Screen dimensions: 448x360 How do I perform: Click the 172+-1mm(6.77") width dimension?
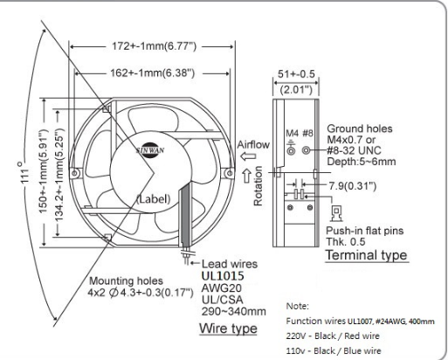coord(155,46)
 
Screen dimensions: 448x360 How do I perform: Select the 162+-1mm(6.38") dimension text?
coord(152,73)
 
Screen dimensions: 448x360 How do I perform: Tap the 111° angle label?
coord(24,172)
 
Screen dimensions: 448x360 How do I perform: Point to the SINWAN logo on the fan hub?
coord(150,150)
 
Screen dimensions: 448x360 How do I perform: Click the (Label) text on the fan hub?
coord(154,199)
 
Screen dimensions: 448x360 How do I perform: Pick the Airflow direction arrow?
coord(248,156)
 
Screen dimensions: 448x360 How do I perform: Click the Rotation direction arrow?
coord(247,176)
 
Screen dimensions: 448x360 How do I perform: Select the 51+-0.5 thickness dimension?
coord(296,74)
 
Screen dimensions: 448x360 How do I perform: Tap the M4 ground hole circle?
coord(291,150)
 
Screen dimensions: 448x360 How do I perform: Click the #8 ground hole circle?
coord(306,150)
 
